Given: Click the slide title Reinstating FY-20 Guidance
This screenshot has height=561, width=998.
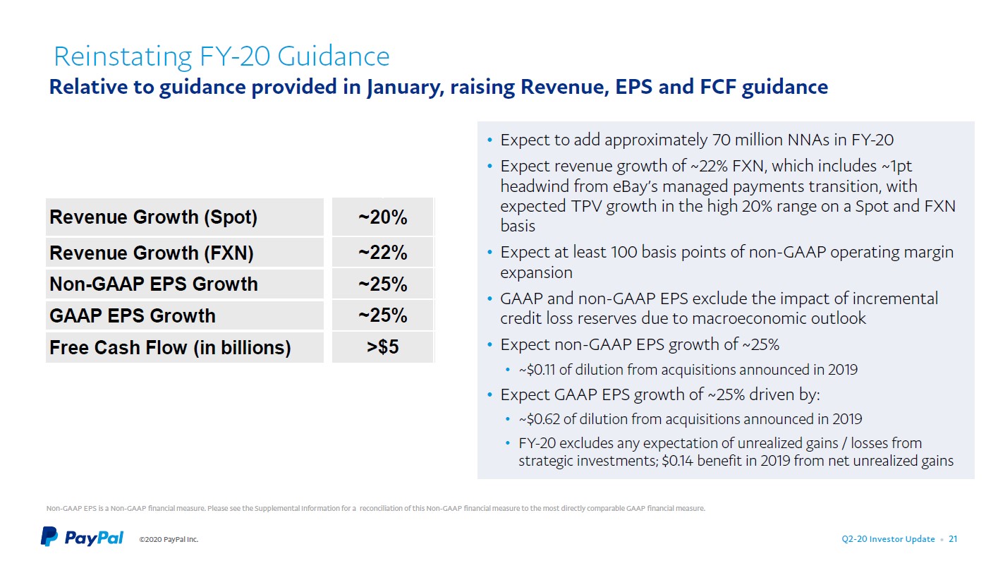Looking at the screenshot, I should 221,56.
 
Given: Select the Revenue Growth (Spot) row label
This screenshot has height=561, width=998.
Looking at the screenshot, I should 153,217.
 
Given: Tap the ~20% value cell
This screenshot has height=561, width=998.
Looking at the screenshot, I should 382,217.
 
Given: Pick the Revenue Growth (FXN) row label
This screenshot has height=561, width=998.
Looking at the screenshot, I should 151,253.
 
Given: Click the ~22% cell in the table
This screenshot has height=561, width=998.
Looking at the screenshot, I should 382,253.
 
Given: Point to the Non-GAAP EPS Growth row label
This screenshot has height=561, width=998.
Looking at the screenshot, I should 153,284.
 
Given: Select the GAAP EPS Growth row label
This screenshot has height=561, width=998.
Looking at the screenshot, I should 132,315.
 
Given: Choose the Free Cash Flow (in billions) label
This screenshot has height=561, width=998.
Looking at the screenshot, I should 169,347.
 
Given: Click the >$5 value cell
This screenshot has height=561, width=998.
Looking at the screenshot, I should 382,347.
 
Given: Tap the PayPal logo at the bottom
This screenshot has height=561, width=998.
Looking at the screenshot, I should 82,537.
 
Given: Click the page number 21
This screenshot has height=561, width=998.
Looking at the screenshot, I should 953,539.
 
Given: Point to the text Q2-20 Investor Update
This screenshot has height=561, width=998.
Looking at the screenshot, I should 888,539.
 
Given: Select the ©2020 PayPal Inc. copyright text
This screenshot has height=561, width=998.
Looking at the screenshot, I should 169,540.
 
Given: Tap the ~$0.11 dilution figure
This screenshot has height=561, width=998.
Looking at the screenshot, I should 537,370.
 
